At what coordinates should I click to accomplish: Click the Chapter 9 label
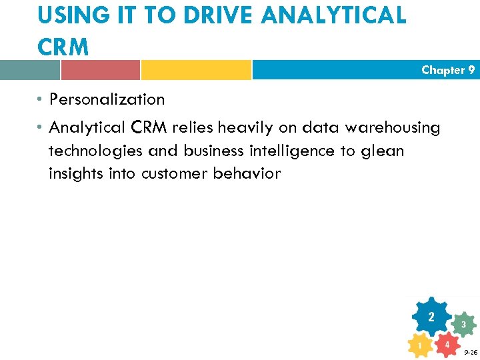point(448,70)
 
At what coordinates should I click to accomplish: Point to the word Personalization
point(107,100)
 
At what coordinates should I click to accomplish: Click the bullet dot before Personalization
point(41,100)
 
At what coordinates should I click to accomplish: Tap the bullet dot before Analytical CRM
point(41,127)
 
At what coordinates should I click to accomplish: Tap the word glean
point(382,151)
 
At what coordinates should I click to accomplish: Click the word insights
point(74,173)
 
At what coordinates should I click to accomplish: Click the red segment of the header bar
point(100,70)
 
